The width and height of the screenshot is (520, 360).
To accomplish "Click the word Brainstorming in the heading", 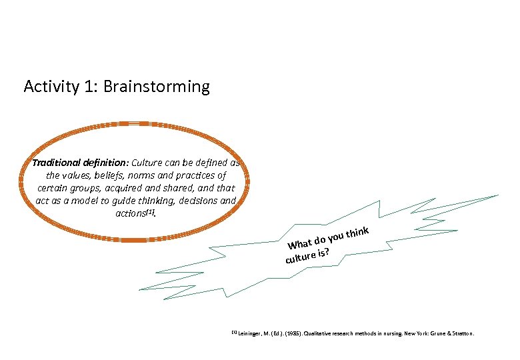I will coord(157,87).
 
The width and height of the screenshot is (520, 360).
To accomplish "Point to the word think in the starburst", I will coord(358,231).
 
